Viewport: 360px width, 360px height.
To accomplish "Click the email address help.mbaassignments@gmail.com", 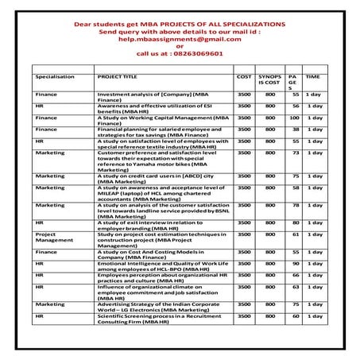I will [x=180, y=37].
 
